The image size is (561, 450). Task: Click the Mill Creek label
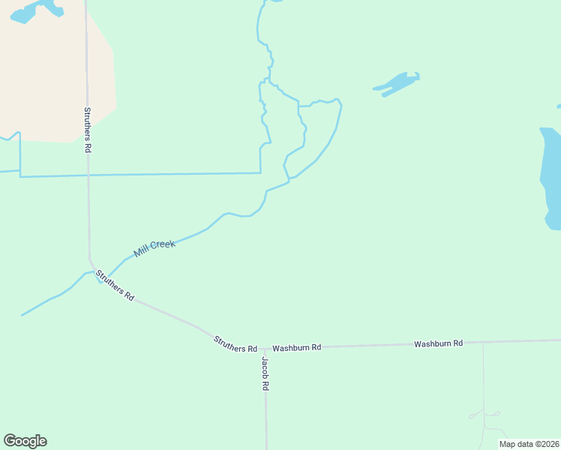[154, 249]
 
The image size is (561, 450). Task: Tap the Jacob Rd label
[265, 373]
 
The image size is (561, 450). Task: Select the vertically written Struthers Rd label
[87, 129]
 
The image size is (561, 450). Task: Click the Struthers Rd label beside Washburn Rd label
[235, 344]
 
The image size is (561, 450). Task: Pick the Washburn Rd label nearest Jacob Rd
[296, 348]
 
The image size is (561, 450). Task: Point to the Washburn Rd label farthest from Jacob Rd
[438, 343]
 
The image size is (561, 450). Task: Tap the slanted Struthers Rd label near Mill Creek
[115, 286]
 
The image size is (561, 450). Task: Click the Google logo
[25, 441]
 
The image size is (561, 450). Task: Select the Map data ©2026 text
[529, 444]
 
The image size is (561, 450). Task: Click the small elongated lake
[396, 83]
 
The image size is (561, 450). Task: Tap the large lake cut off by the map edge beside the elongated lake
[550, 176]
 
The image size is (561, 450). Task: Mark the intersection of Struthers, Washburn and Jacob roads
[265, 348]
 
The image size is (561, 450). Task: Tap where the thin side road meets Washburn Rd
[483, 343]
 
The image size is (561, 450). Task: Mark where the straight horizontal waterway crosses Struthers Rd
[88, 175]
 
